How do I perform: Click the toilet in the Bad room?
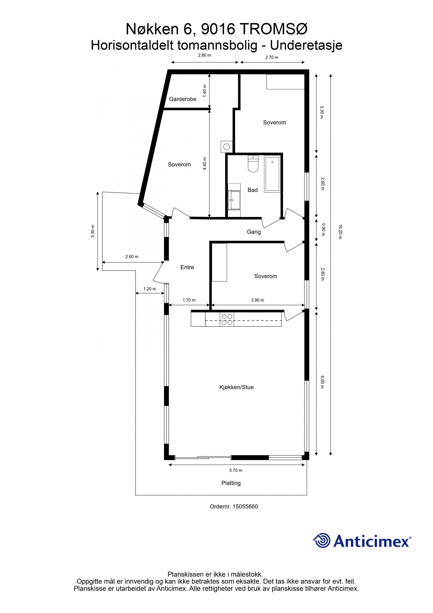click(x=253, y=164)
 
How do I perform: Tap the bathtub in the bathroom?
click(x=272, y=174)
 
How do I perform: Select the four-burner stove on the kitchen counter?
click(x=227, y=319)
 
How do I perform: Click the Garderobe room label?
click(x=182, y=99)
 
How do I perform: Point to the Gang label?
click(x=253, y=232)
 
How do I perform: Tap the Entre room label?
click(x=187, y=267)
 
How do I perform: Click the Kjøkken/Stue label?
click(x=236, y=387)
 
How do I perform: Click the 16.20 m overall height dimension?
click(x=340, y=232)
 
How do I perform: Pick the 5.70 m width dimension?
click(x=235, y=471)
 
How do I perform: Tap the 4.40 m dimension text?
click(x=205, y=164)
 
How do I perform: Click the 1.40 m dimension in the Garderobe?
click(x=205, y=91)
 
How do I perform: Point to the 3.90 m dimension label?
click(x=257, y=300)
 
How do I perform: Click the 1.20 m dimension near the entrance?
click(x=149, y=289)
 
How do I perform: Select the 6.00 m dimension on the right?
click(x=322, y=382)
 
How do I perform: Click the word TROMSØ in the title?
click(x=273, y=29)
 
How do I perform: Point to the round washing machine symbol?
click(x=227, y=147)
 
